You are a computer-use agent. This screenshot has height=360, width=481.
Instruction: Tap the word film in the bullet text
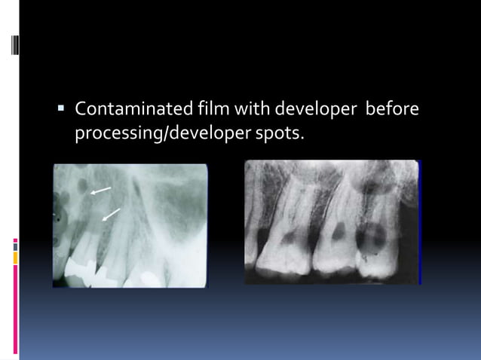click(x=207, y=110)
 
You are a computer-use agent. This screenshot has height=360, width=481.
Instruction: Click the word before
click(x=392, y=110)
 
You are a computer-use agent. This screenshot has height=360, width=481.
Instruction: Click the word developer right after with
click(x=315, y=110)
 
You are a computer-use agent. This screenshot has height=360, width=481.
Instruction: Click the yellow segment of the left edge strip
click(x=15, y=258)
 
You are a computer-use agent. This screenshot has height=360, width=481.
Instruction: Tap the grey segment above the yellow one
click(x=15, y=247)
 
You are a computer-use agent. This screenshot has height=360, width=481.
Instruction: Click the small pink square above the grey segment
click(x=15, y=240)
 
